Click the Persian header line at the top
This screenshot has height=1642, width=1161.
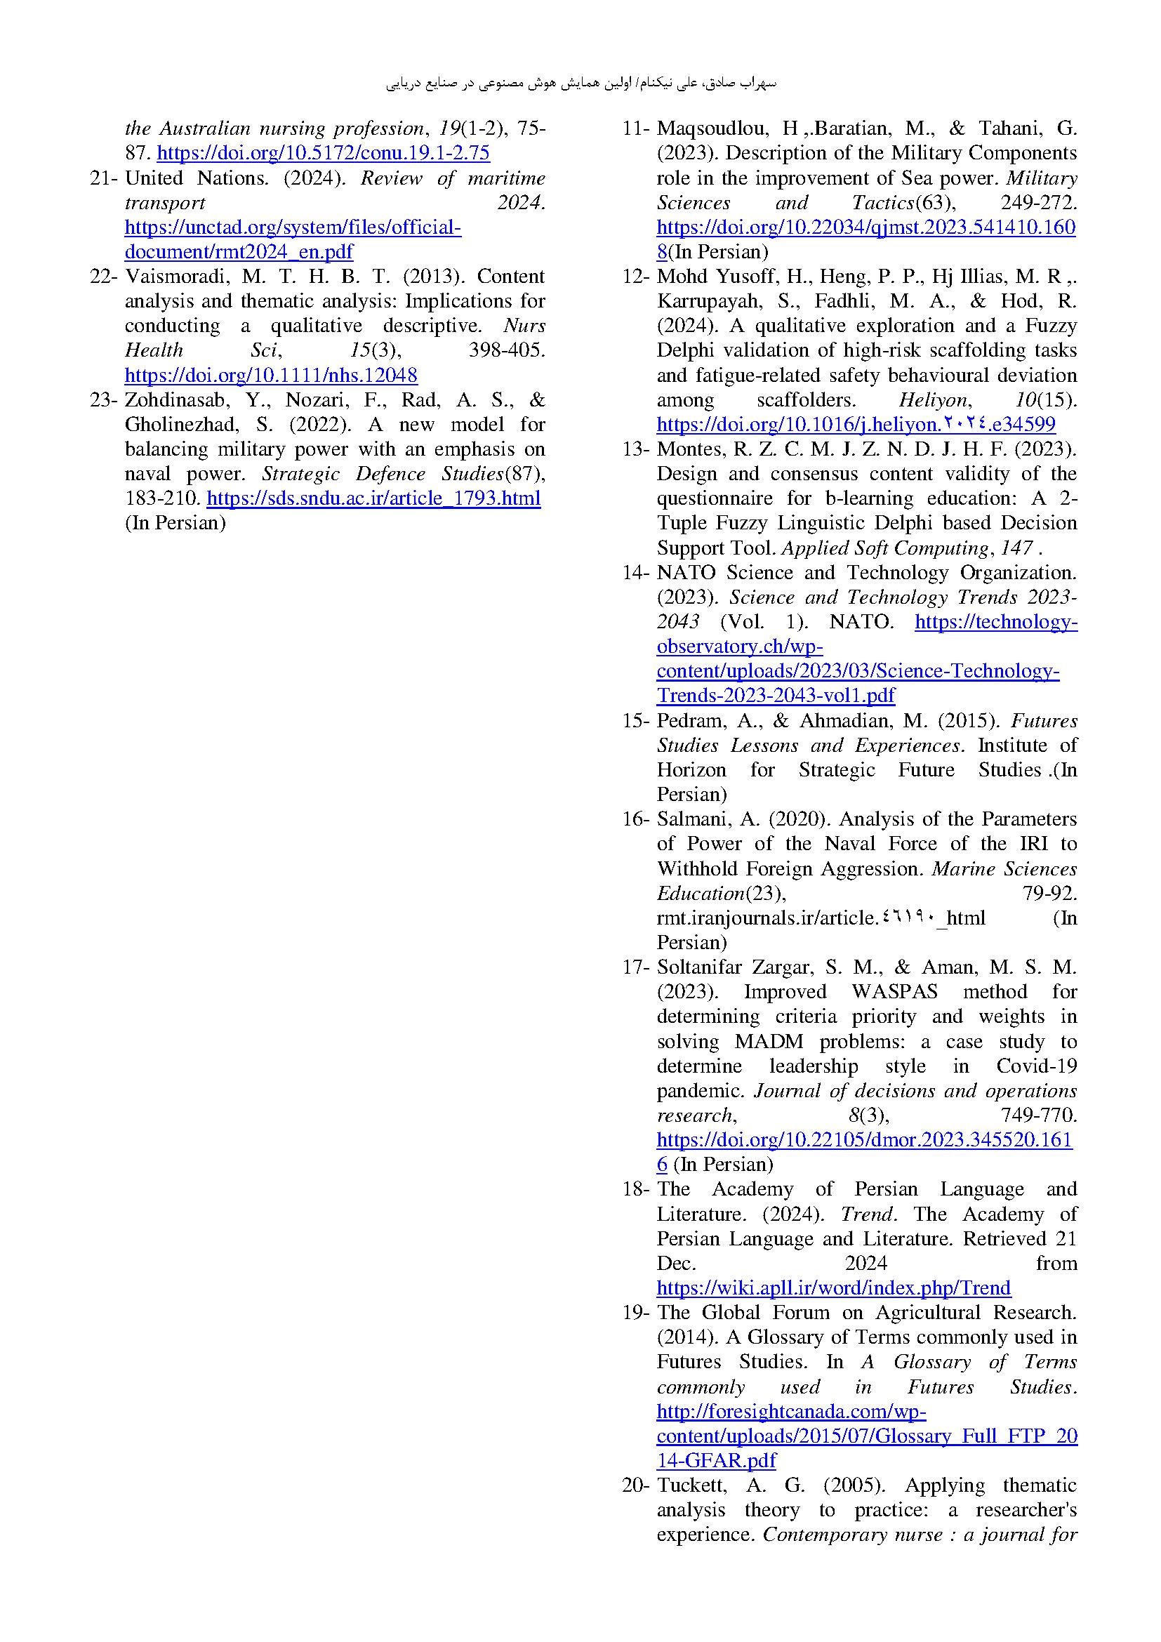tap(580, 84)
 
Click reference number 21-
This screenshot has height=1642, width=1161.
tap(103, 178)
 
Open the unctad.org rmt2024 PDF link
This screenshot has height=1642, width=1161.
tap(293, 239)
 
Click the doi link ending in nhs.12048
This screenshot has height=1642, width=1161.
tap(271, 376)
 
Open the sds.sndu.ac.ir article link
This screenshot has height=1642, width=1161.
tap(373, 498)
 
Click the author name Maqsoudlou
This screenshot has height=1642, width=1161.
tap(712, 128)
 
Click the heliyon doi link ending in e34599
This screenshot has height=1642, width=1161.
tap(856, 425)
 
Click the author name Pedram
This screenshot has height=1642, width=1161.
tap(690, 721)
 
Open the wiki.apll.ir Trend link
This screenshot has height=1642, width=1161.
tap(834, 1288)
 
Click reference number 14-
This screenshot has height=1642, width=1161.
tap(635, 573)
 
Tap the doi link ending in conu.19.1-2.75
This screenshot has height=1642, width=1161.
tap(323, 153)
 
